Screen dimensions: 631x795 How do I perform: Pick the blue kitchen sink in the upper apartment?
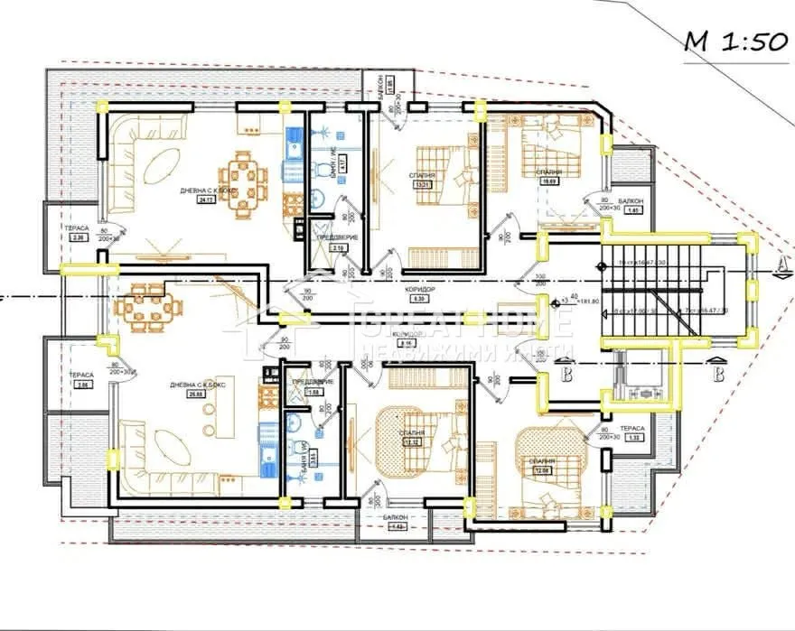[x=294, y=143]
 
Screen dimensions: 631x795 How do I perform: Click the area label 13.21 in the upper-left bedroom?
[x=420, y=185]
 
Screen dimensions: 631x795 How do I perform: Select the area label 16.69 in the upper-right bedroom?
[x=548, y=181]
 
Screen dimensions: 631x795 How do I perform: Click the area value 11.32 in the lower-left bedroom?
[x=416, y=442]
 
